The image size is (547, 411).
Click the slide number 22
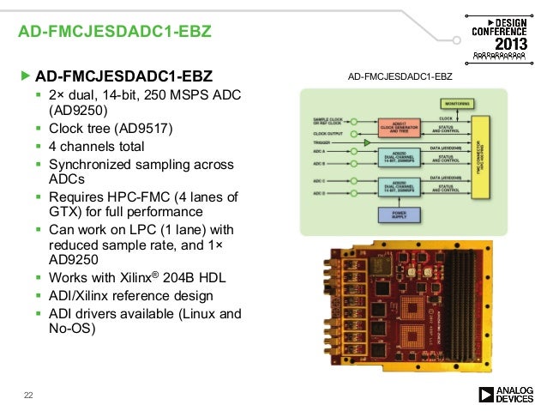(27, 395)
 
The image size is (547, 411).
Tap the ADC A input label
(320, 152)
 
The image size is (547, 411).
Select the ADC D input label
(320, 195)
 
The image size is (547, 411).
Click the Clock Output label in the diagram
(327, 134)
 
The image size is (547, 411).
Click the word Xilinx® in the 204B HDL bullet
(132, 278)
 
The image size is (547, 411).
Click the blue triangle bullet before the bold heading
(25, 76)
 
